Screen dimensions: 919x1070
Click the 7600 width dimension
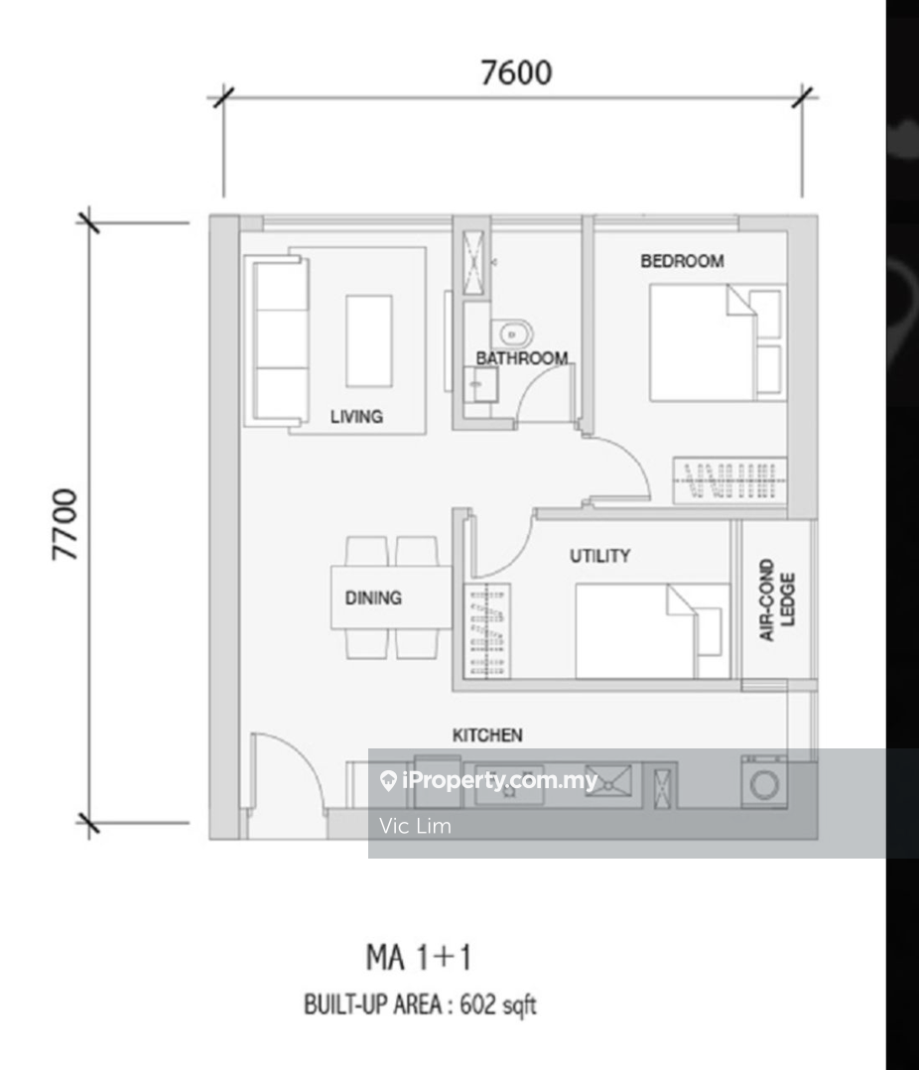tap(516, 72)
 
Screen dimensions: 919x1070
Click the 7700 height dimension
tap(66, 524)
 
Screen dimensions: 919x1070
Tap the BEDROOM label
tap(682, 261)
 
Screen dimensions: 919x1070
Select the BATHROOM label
tap(522, 357)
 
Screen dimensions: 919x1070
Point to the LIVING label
tap(356, 416)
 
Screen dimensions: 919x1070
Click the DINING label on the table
tap(373, 598)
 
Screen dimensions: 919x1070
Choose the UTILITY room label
tap(599, 556)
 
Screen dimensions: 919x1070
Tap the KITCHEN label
tap(487, 735)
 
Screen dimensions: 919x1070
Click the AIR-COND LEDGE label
tap(777, 600)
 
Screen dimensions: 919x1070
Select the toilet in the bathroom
tap(512, 334)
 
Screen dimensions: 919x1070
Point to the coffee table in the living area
tap(369, 341)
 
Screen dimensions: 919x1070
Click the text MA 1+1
tap(418, 957)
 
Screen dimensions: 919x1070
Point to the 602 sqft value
tap(498, 1005)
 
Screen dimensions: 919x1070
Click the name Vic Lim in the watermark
tap(415, 826)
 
